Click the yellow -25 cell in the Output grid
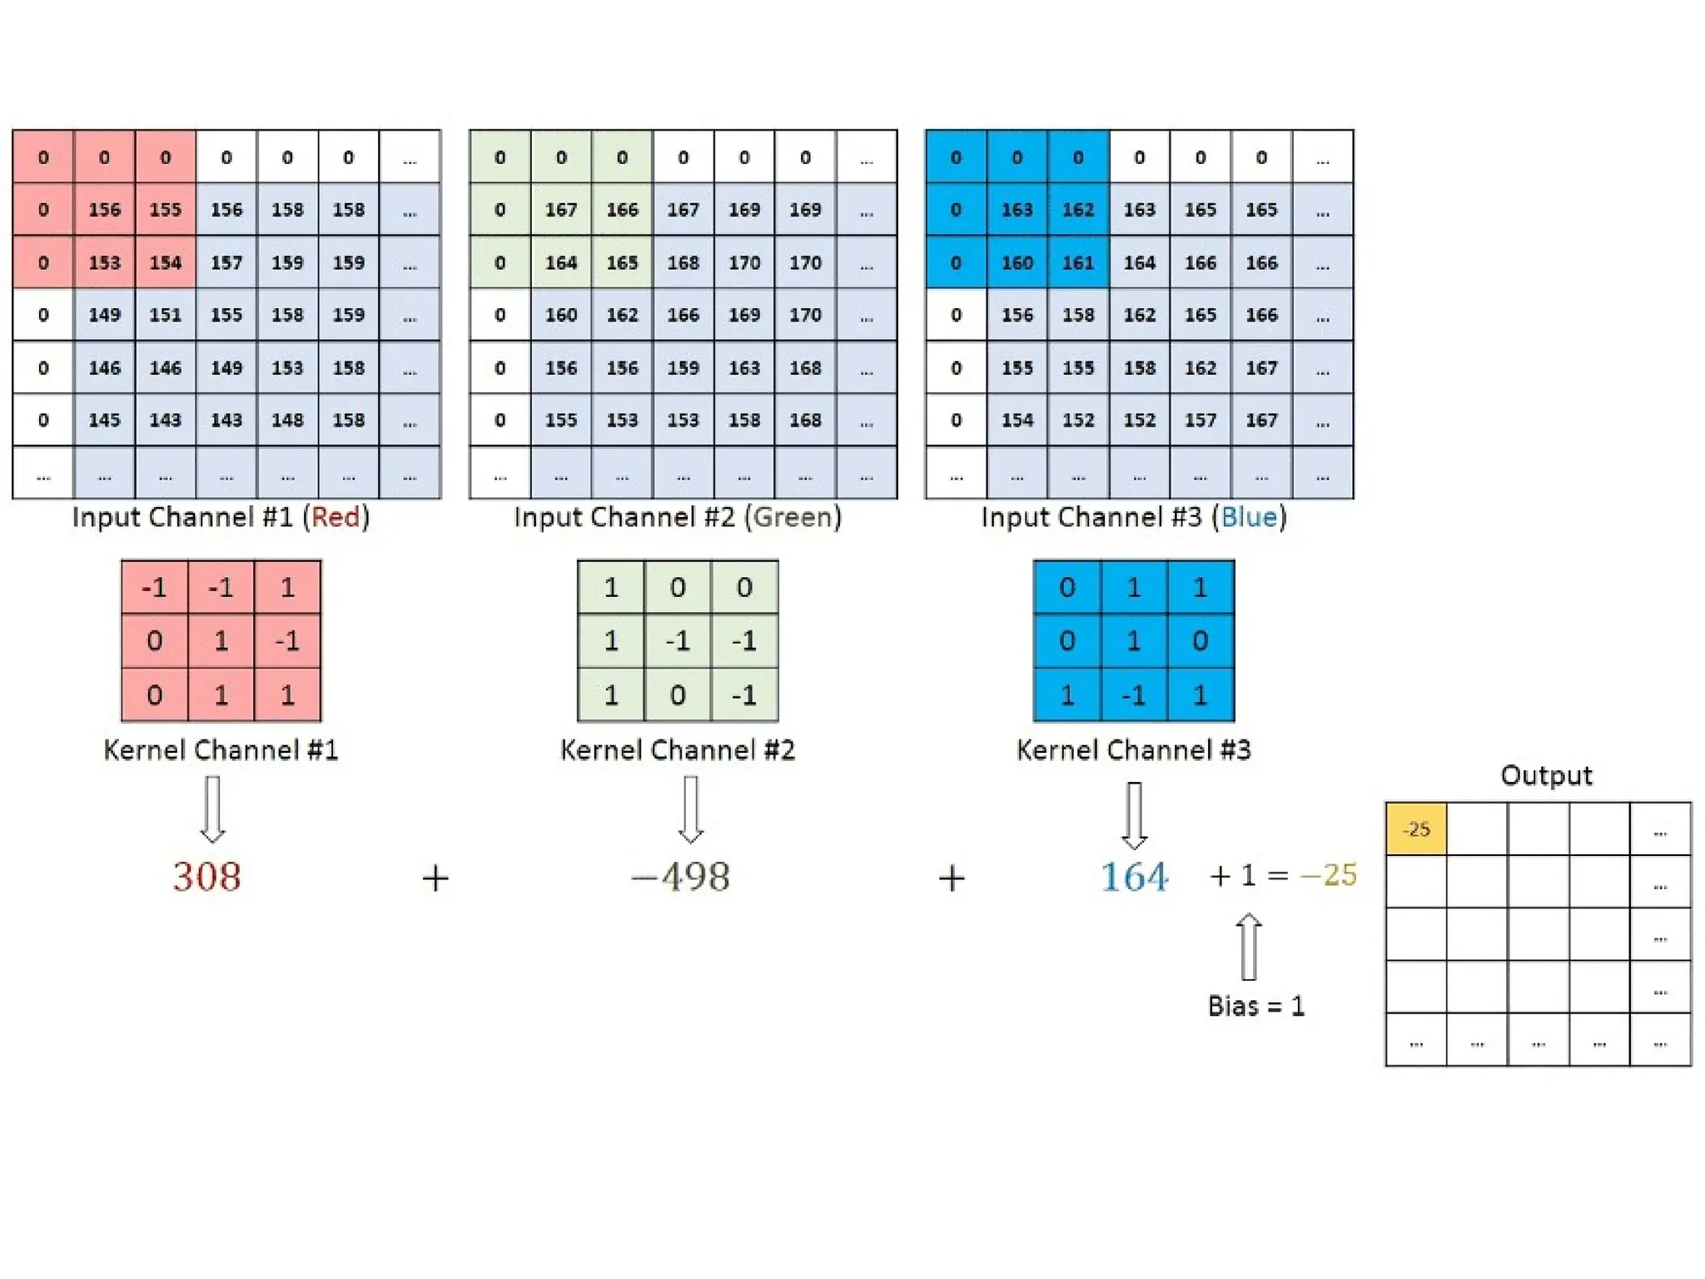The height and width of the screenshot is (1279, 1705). [x=1415, y=829]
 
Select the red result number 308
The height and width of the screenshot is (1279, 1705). [x=206, y=877]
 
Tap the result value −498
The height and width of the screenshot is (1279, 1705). [x=681, y=877]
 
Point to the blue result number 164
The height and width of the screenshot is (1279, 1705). [x=1134, y=877]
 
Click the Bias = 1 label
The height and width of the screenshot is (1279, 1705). [x=1255, y=1006]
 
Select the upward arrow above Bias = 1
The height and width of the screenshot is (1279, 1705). [x=1249, y=946]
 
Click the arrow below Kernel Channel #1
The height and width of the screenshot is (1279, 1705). [x=213, y=809]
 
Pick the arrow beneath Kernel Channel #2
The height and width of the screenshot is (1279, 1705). [x=690, y=809]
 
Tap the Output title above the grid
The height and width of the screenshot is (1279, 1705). [x=1546, y=775]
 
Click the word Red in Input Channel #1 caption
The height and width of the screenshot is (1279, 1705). [x=336, y=517]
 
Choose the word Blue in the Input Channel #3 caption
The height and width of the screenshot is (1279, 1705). [x=1249, y=517]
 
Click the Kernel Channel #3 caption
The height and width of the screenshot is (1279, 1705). [x=1133, y=750]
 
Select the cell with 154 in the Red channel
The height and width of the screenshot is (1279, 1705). [x=166, y=263]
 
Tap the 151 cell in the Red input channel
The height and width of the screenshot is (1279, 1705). [x=166, y=316]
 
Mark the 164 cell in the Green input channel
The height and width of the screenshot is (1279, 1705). [x=561, y=263]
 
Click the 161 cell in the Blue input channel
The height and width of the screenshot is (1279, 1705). [x=1078, y=263]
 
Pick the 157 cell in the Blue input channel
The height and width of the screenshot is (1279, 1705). [x=1200, y=421]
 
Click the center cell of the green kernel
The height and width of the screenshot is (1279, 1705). [x=678, y=641]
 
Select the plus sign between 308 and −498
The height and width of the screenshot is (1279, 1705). [x=435, y=878]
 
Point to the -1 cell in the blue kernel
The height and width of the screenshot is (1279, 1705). [x=1133, y=694]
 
